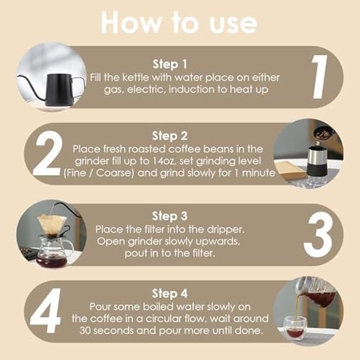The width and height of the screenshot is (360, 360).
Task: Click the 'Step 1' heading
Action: [x=169, y=65]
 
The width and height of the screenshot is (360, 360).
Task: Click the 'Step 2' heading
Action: [x=169, y=136]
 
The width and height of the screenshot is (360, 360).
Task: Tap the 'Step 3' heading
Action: [x=169, y=216]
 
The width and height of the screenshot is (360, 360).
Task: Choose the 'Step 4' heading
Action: [x=169, y=293]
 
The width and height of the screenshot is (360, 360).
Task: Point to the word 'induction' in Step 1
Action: [x=190, y=89]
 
